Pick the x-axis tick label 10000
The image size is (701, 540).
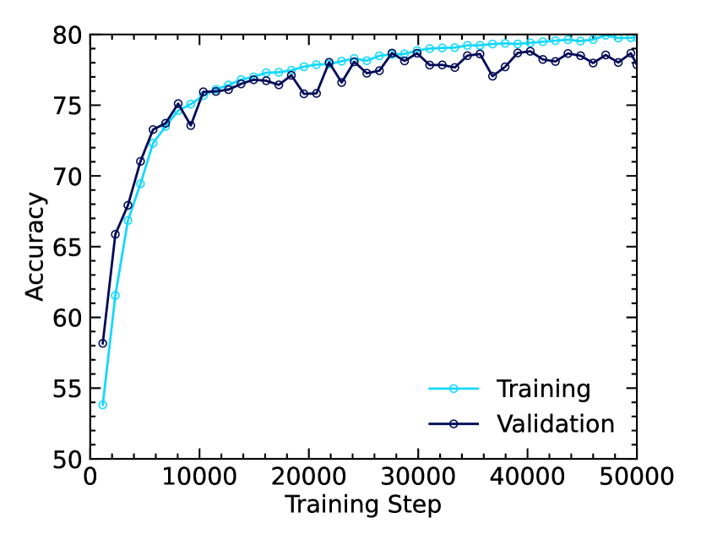point(199,477)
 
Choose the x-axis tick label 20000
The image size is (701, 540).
point(309,477)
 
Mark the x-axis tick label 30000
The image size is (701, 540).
point(418,477)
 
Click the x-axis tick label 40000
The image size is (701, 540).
point(528,477)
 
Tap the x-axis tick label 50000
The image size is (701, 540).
point(636,477)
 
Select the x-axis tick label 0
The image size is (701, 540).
point(91,477)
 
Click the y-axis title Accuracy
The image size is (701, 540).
point(35,247)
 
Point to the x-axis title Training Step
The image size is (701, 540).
point(363,505)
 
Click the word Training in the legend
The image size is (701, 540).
point(543,389)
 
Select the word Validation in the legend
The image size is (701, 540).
point(555,423)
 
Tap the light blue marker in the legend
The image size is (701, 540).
point(454,389)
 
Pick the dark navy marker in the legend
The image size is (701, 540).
point(454,423)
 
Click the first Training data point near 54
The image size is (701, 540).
point(103,405)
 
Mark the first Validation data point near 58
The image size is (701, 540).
point(103,343)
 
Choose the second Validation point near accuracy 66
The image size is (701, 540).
point(116,234)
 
